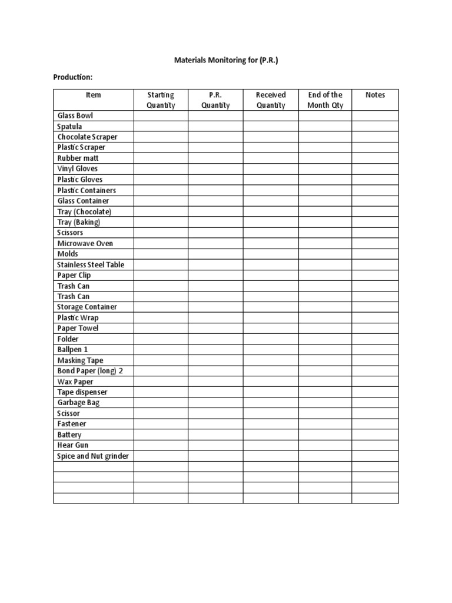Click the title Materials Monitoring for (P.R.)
point(226,60)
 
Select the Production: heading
point(73,77)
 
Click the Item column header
point(93,95)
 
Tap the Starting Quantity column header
point(161,100)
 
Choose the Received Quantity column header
point(271,100)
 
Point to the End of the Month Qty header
point(325,100)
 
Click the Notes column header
point(375,95)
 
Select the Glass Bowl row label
point(75,116)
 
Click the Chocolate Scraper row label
point(87,137)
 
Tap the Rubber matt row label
point(78,158)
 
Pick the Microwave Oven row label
point(85,243)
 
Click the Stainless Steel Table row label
point(91,264)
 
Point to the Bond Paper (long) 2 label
point(90,371)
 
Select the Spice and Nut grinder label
point(93,456)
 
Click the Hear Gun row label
point(73,445)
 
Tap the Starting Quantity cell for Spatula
point(161,127)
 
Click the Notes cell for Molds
point(375,254)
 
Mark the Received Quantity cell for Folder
point(271,339)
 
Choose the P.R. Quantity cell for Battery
point(215,435)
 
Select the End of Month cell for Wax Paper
point(325,382)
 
